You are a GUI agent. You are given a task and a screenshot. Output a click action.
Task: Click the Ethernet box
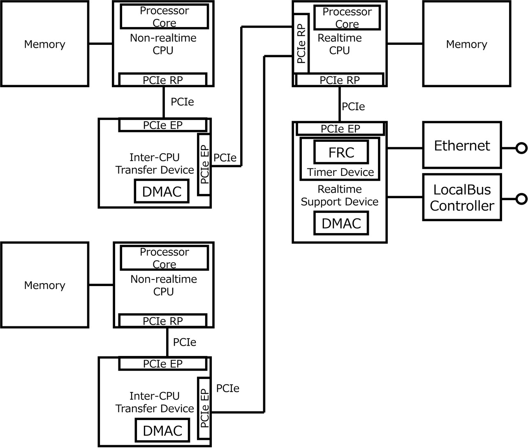click(462, 145)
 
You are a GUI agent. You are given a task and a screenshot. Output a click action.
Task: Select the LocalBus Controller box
click(462, 197)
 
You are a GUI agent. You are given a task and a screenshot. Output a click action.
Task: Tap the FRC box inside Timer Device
click(341, 152)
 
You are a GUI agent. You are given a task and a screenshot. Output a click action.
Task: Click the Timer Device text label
click(340, 172)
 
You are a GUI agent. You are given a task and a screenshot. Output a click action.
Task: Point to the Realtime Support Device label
click(340, 196)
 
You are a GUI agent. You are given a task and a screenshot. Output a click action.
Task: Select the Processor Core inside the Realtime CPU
click(347, 18)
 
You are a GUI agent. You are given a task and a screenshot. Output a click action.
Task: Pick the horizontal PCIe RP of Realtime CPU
click(340, 80)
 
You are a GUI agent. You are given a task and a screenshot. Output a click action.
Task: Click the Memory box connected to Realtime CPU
click(467, 44)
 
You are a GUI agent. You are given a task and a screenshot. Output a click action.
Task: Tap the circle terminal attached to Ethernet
click(521, 148)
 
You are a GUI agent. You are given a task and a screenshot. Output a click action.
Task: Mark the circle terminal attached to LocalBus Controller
click(521, 199)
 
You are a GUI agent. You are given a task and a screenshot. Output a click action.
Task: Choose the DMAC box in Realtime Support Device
click(341, 223)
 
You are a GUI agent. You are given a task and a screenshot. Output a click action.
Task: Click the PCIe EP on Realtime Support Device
click(340, 129)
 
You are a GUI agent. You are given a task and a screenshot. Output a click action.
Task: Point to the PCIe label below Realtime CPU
click(353, 107)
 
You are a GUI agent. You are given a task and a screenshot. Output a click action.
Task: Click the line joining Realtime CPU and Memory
click(405, 44)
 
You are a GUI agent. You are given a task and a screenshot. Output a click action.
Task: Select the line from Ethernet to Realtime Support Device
click(405, 148)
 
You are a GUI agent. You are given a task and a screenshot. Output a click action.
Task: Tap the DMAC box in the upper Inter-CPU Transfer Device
click(162, 192)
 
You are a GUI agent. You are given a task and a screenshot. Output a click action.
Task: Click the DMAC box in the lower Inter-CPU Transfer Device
click(162, 430)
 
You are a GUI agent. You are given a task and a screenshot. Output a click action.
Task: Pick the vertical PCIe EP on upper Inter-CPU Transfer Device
click(204, 164)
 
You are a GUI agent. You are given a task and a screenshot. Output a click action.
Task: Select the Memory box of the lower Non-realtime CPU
click(45, 285)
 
